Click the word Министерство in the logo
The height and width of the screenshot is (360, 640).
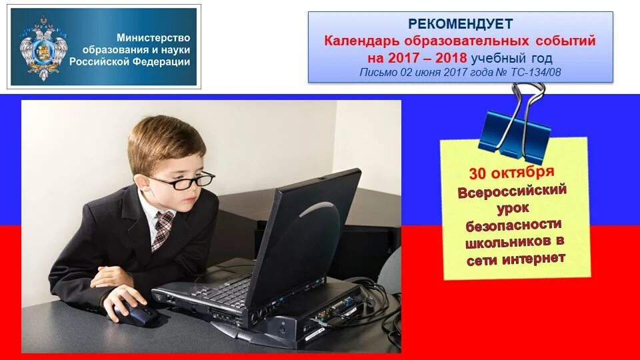click(153, 38)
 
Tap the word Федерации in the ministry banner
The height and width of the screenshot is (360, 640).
click(165, 62)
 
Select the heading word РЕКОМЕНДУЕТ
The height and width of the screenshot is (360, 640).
click(460, 24)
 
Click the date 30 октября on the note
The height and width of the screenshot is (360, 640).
click(511, 173)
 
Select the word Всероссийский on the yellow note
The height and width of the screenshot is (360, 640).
click(512, 191)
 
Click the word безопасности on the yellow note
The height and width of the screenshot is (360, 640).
click(514, 225)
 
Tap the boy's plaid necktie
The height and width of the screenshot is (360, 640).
click(162, 229)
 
